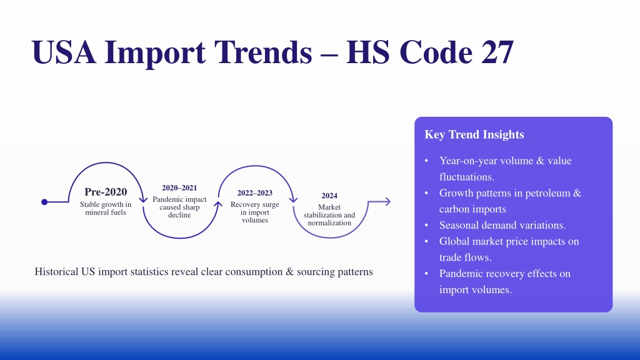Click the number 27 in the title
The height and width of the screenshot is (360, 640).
(497, 52)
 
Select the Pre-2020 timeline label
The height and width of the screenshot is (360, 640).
(106, 191)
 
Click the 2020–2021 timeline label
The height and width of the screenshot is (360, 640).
(179, 187)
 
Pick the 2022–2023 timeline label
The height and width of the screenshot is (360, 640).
(255, 192)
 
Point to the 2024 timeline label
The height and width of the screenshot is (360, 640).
(329, 196)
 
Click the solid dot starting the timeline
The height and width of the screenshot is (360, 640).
(44, 202)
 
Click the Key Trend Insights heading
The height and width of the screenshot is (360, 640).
(474, 134)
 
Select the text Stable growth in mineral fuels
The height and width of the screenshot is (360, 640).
(106, 208)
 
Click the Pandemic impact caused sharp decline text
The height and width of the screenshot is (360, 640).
(179, 207)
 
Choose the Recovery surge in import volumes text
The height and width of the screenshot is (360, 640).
(255, 212)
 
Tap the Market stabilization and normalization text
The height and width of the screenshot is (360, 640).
(329, 215)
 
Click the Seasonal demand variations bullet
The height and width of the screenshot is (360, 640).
(502, 225)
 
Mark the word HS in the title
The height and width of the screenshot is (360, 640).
(367, 52)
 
